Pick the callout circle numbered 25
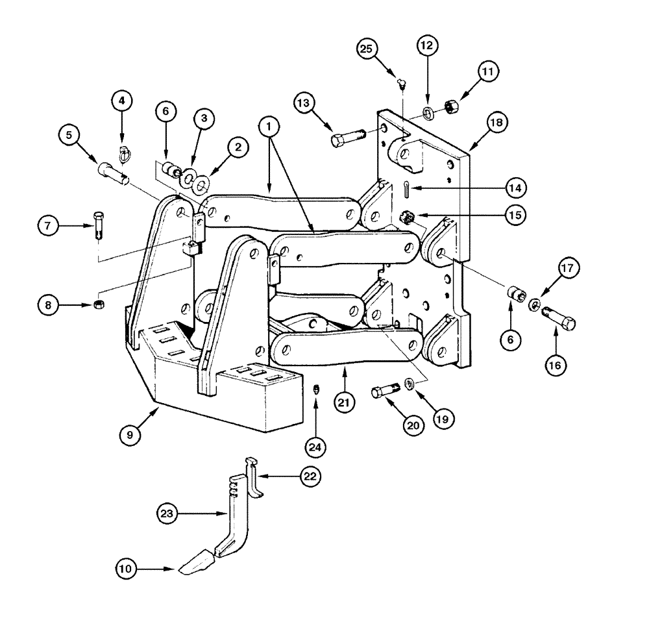coord(367,49)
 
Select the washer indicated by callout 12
coord(430,113)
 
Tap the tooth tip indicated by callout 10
coord(196,563)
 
